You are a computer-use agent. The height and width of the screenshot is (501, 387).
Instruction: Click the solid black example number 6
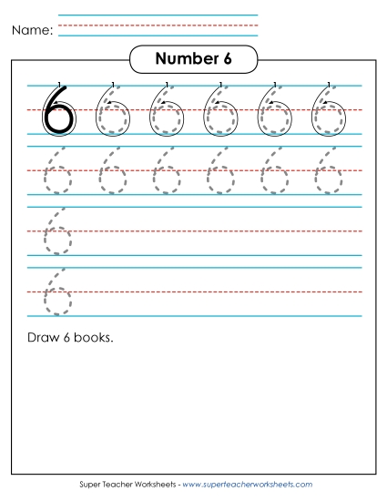click(56, 112)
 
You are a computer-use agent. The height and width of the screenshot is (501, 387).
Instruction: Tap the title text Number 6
click(193, 59)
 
